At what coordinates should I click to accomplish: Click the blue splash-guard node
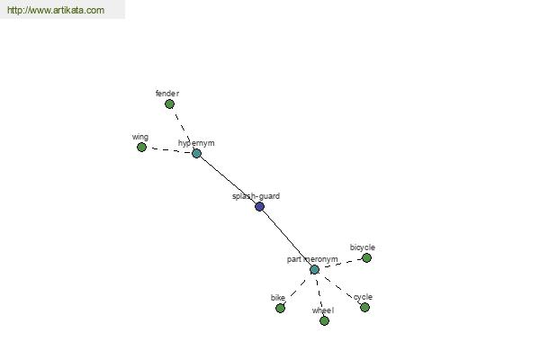(x=260, y=207)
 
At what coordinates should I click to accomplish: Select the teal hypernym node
(x=196, y=153)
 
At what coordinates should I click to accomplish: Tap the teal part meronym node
(x=314, y=269)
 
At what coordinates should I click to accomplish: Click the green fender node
(x=169, y=103)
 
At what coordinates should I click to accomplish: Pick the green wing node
(x=141, y=147)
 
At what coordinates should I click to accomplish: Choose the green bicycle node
(x=366, y=257)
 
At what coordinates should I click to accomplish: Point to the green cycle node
(x=364, y=307)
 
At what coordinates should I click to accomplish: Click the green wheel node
(x=324, y=320)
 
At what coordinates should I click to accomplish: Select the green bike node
(x=280, y=308)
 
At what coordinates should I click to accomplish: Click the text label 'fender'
(x=167, y=94)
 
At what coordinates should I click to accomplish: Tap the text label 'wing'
(x=140, y=137)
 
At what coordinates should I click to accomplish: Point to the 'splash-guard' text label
(x=256, y=196)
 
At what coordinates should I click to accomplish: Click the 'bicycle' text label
(x=363, y=247)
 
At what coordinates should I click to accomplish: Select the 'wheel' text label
(x=323, y=310)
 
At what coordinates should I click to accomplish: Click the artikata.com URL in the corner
(x=56, y=10)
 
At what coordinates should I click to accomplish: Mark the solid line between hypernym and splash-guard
(x=228, y=180)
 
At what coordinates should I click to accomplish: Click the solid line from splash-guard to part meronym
(x=287, y=238)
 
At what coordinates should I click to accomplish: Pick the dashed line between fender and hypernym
(x=183, y=129)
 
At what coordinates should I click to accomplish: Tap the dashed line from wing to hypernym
(x=169, y=150)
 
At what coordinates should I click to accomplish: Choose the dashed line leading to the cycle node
(x=339, y=288)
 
